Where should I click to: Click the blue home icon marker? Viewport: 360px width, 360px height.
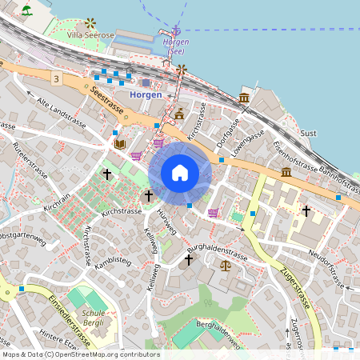click(180, 173)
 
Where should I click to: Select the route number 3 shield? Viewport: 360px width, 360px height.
click(56, 78)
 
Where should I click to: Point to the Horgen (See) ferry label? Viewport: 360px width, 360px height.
click(176, 46)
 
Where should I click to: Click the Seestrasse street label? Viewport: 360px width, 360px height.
click(106, 102)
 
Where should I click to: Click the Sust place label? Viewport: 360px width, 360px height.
click(308, 133)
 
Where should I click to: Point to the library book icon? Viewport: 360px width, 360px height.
click(120, 144)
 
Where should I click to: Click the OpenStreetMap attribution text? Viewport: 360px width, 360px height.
click(80, 354)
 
